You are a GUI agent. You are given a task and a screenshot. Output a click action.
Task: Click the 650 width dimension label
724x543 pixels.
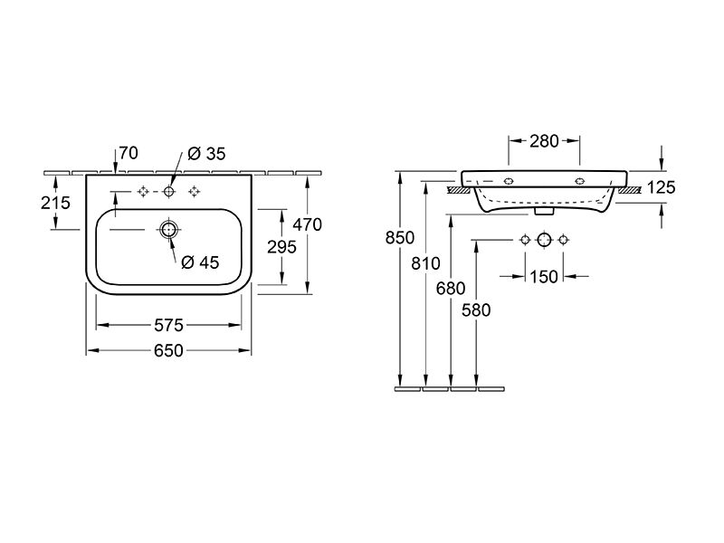pos(168,351)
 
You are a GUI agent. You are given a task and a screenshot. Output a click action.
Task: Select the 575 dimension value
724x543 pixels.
pos(168,326)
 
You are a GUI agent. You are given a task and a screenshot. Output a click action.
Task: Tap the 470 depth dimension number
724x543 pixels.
pos(308,224)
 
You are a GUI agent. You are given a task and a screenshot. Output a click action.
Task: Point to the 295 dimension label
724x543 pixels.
pos(281,247)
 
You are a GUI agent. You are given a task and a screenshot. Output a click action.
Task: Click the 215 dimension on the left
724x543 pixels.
pos(55,203)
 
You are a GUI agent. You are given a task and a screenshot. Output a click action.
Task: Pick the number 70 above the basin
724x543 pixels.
pos(129,153)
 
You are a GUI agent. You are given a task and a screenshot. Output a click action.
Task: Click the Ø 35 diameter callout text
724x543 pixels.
pos(207,154)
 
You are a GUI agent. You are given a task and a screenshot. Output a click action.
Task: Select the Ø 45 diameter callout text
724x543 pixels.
pos(200,262)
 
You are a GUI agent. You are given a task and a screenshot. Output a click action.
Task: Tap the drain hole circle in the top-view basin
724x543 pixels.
pos(169,229)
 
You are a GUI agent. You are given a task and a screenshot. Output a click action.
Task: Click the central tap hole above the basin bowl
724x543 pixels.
pos(169,191)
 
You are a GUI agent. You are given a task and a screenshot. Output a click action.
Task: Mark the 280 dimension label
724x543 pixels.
pos(545,141)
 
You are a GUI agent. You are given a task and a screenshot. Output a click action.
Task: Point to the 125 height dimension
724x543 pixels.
pos(661,187)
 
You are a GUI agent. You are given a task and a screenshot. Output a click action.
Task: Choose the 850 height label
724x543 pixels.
pos(400,238)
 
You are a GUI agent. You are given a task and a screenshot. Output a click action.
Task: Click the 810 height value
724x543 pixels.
pos(425,263)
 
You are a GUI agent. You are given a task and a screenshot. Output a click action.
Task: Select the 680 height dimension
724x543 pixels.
pos(451,289)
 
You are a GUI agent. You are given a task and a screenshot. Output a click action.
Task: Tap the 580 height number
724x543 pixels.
pos(476,310)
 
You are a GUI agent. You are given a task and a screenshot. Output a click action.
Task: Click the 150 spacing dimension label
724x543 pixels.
pos(544,277)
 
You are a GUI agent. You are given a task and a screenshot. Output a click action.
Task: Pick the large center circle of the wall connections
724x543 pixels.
pos(545,240)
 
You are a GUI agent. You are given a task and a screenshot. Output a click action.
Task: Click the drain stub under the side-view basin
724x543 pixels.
pos(544,212)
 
